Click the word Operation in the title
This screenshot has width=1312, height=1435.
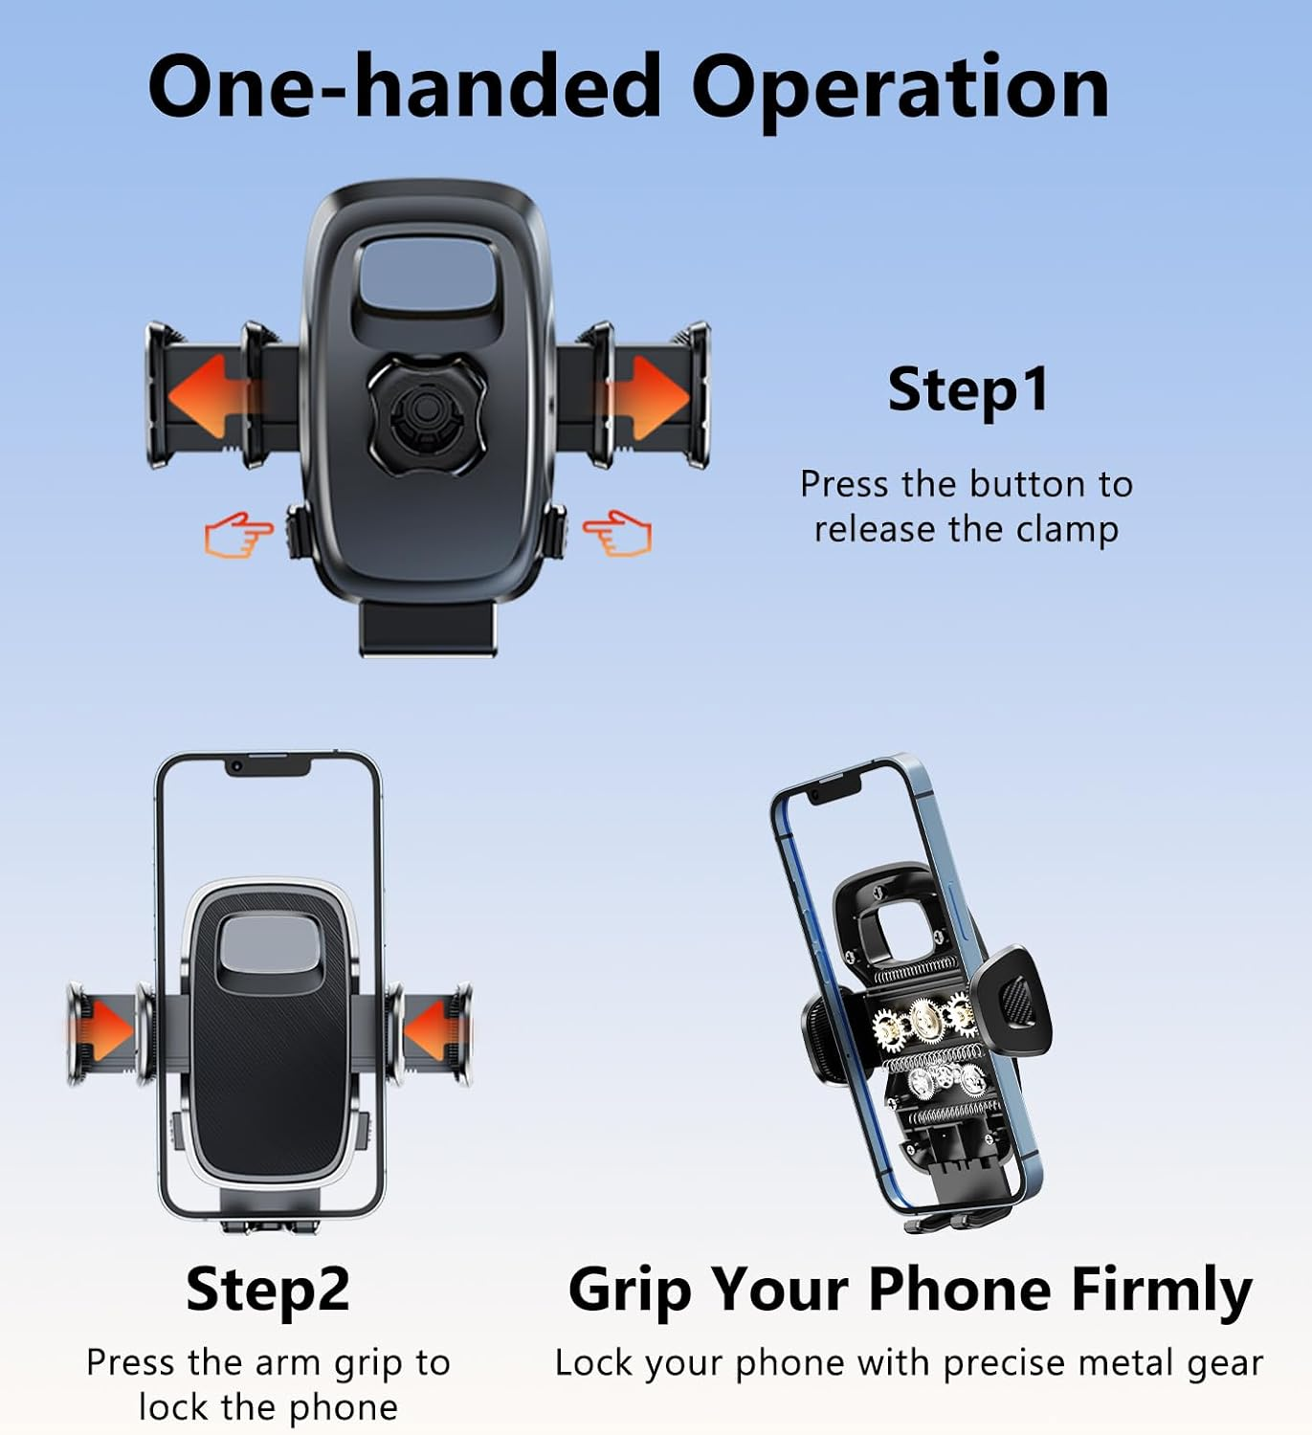tap(900, 88)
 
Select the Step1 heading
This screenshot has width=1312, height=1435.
tap(967, 390)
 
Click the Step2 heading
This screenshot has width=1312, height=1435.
tap(268, 1290)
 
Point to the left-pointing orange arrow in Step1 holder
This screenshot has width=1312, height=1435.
tap(206, 396)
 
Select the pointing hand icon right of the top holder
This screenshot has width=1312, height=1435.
tap(618, 533)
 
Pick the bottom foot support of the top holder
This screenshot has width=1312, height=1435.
tap(428, 628)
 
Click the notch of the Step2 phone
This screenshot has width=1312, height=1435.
tap(268, 765)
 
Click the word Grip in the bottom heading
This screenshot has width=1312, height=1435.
tap(629, 1290)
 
